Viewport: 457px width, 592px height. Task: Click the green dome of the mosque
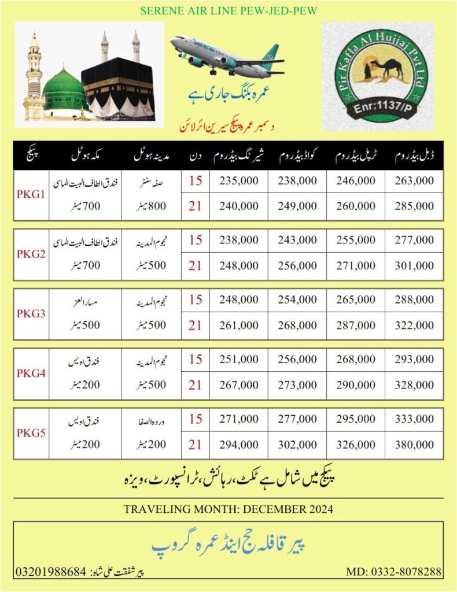click(x=64, y=90)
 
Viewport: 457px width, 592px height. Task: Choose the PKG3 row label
click(x=28, y=313)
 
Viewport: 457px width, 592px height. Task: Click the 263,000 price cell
click(x=414, y=181)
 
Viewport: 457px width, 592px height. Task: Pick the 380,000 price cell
click(x=414, y=445)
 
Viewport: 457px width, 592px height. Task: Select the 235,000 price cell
click(x=239, y=181)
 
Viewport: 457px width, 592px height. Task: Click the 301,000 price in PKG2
click(x=414, y=266)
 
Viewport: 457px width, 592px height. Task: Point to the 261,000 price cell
click(x=239, y=326)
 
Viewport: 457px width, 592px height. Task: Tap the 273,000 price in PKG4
click(x=297, y=385)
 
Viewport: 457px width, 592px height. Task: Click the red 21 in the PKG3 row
click(x=196, y=326)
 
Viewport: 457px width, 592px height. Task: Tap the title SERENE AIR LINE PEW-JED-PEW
click(x=228, y=10)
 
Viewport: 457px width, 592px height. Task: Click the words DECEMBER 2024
click(x=296, y=509)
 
